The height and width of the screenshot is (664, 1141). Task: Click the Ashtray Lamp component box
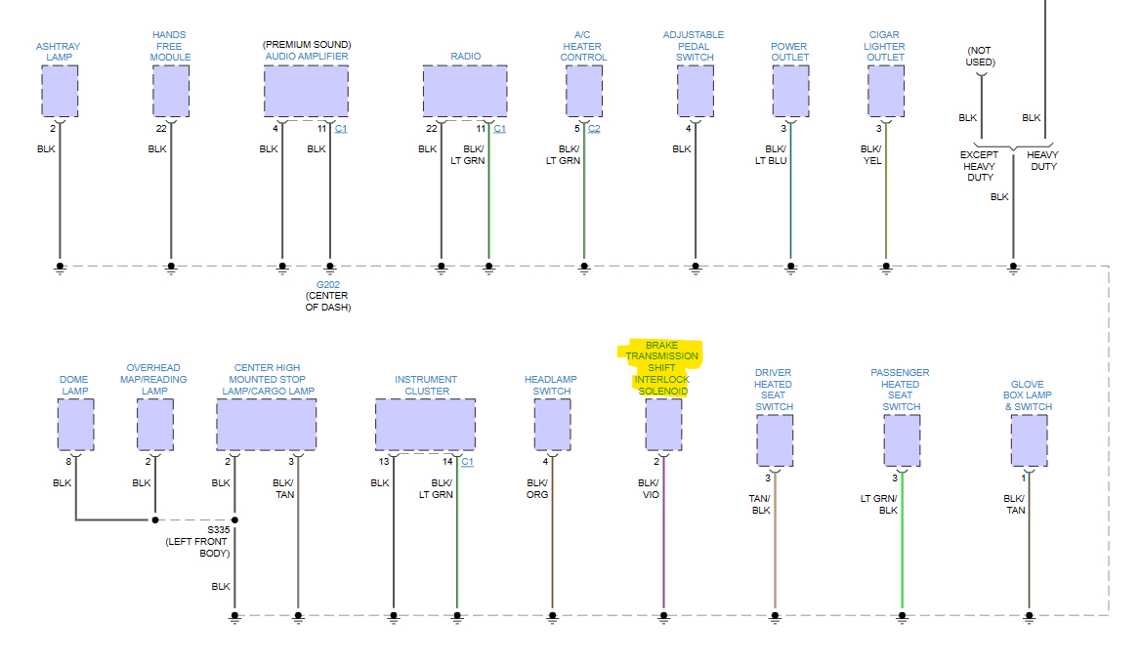point(60,91)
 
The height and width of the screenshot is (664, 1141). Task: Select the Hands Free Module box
point(171,91)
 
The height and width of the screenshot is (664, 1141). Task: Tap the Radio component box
point(465,91)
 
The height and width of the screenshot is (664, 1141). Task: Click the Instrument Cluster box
point(425,425)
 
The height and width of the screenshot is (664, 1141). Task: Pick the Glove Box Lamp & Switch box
point(1029,440)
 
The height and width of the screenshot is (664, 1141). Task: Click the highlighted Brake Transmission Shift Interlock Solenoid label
point(662,368)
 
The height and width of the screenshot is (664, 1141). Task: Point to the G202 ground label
point(327,284)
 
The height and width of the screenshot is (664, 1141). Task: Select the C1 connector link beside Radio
point(499,129)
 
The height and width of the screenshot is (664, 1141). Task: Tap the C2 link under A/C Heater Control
point(594,129)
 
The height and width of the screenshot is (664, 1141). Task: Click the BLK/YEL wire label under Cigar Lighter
point(870,154)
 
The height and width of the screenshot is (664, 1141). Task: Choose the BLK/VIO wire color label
point(649,488)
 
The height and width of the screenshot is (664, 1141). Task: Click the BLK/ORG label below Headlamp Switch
point(537,488)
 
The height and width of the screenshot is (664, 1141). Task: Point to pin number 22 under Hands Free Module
point(161,129)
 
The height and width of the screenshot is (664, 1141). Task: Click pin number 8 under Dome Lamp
point(68,461)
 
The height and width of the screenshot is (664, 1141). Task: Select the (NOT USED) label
point(981,57)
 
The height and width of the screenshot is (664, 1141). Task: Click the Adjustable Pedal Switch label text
point(694,46)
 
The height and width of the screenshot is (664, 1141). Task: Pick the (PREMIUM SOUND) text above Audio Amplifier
point(307,45)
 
